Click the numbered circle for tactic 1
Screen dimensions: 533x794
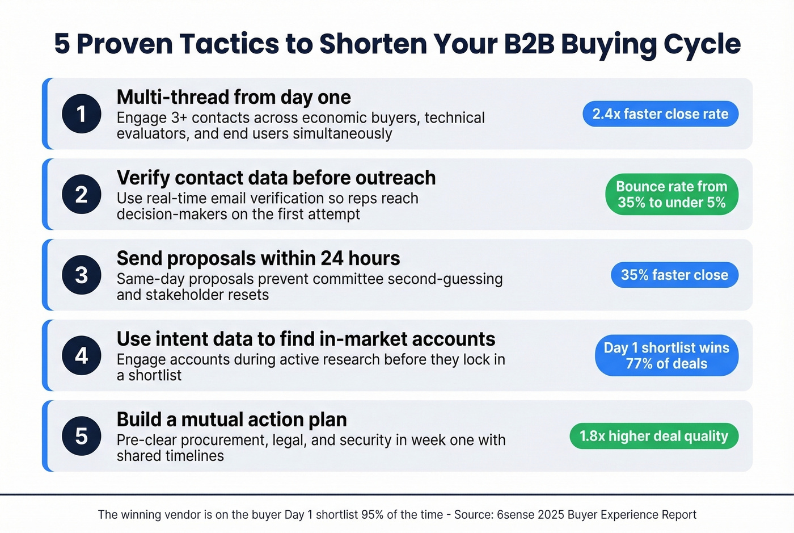tap(82, 114)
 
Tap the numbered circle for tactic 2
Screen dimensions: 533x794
tap(82, 194)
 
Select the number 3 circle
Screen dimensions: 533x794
tap(82, 275)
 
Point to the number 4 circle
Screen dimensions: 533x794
tap(82, 355)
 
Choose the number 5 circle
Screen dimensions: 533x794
tap(82, 436)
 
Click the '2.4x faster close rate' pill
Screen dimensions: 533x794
tap(660, 114)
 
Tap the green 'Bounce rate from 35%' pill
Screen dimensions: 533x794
tap(671, 194)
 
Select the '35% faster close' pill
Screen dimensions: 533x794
tap(674, 275)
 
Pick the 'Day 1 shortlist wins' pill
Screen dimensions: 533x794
tap(666, 355)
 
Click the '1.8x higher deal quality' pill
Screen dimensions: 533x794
tap(654, 436)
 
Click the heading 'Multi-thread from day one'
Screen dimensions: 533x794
tap(234, 97)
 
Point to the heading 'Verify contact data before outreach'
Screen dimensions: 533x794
tap(276, 178)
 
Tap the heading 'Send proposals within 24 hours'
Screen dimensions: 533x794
tap(258, 258)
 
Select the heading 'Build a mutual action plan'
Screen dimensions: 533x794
tap(231, 419)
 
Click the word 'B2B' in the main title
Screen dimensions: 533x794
tap(528, 44)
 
